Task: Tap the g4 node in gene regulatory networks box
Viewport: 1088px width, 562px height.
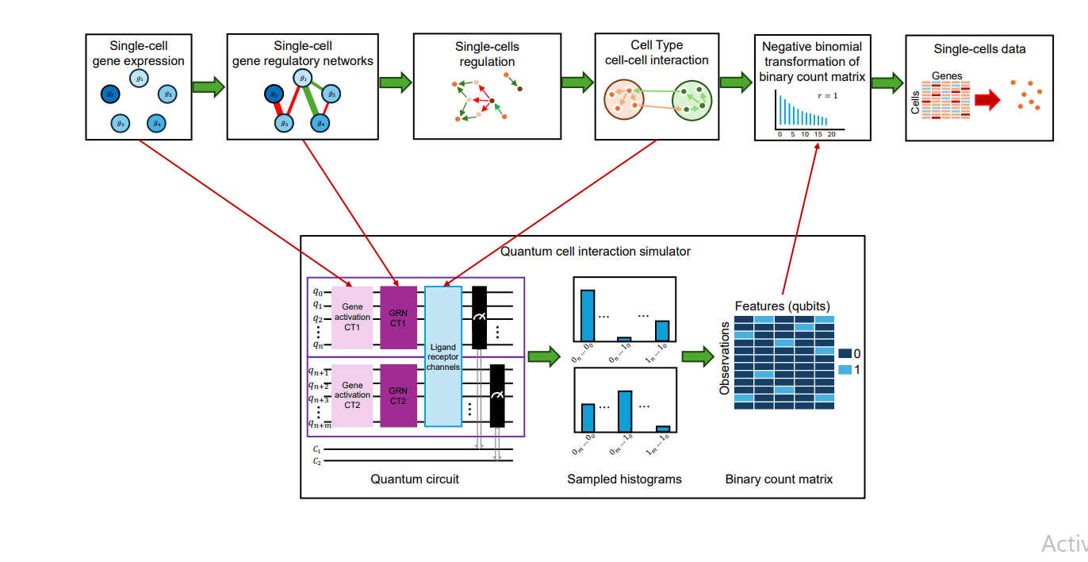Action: (x=320, y=123)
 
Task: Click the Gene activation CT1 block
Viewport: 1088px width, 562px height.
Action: (x=352, y=317)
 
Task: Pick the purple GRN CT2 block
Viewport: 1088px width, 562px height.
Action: (x=398, y=395)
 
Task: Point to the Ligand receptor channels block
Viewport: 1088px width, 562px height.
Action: (x=443, y=356)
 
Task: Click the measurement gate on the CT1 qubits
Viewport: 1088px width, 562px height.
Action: (x=479, y=317)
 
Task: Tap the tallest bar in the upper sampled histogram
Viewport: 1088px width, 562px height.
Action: (x=588, y=315)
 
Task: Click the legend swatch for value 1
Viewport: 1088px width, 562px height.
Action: (x=845, y=371)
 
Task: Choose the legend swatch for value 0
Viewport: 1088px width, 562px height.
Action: (x=845, y=353)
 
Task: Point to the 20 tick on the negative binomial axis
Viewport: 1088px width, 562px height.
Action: (x=831, y=134)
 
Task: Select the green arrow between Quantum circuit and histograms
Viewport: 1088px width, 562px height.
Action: (x=544, y=357)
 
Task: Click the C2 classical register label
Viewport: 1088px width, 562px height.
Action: (x=316, y=460)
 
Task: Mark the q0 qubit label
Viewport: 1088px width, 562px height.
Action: (x=317, y=291)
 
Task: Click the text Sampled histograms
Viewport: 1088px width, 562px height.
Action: (x=624, y=479)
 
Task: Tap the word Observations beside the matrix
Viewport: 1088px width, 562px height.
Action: (x=724, y=358)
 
